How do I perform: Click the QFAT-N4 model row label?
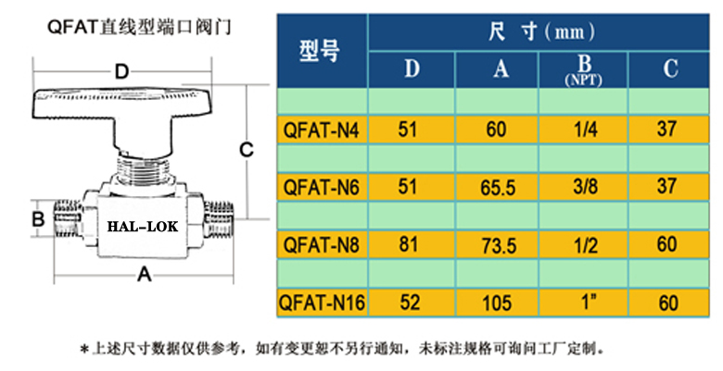tap(321, 130)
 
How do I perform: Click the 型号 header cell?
tap(321, 52)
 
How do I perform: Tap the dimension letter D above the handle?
tap(120, 71)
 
